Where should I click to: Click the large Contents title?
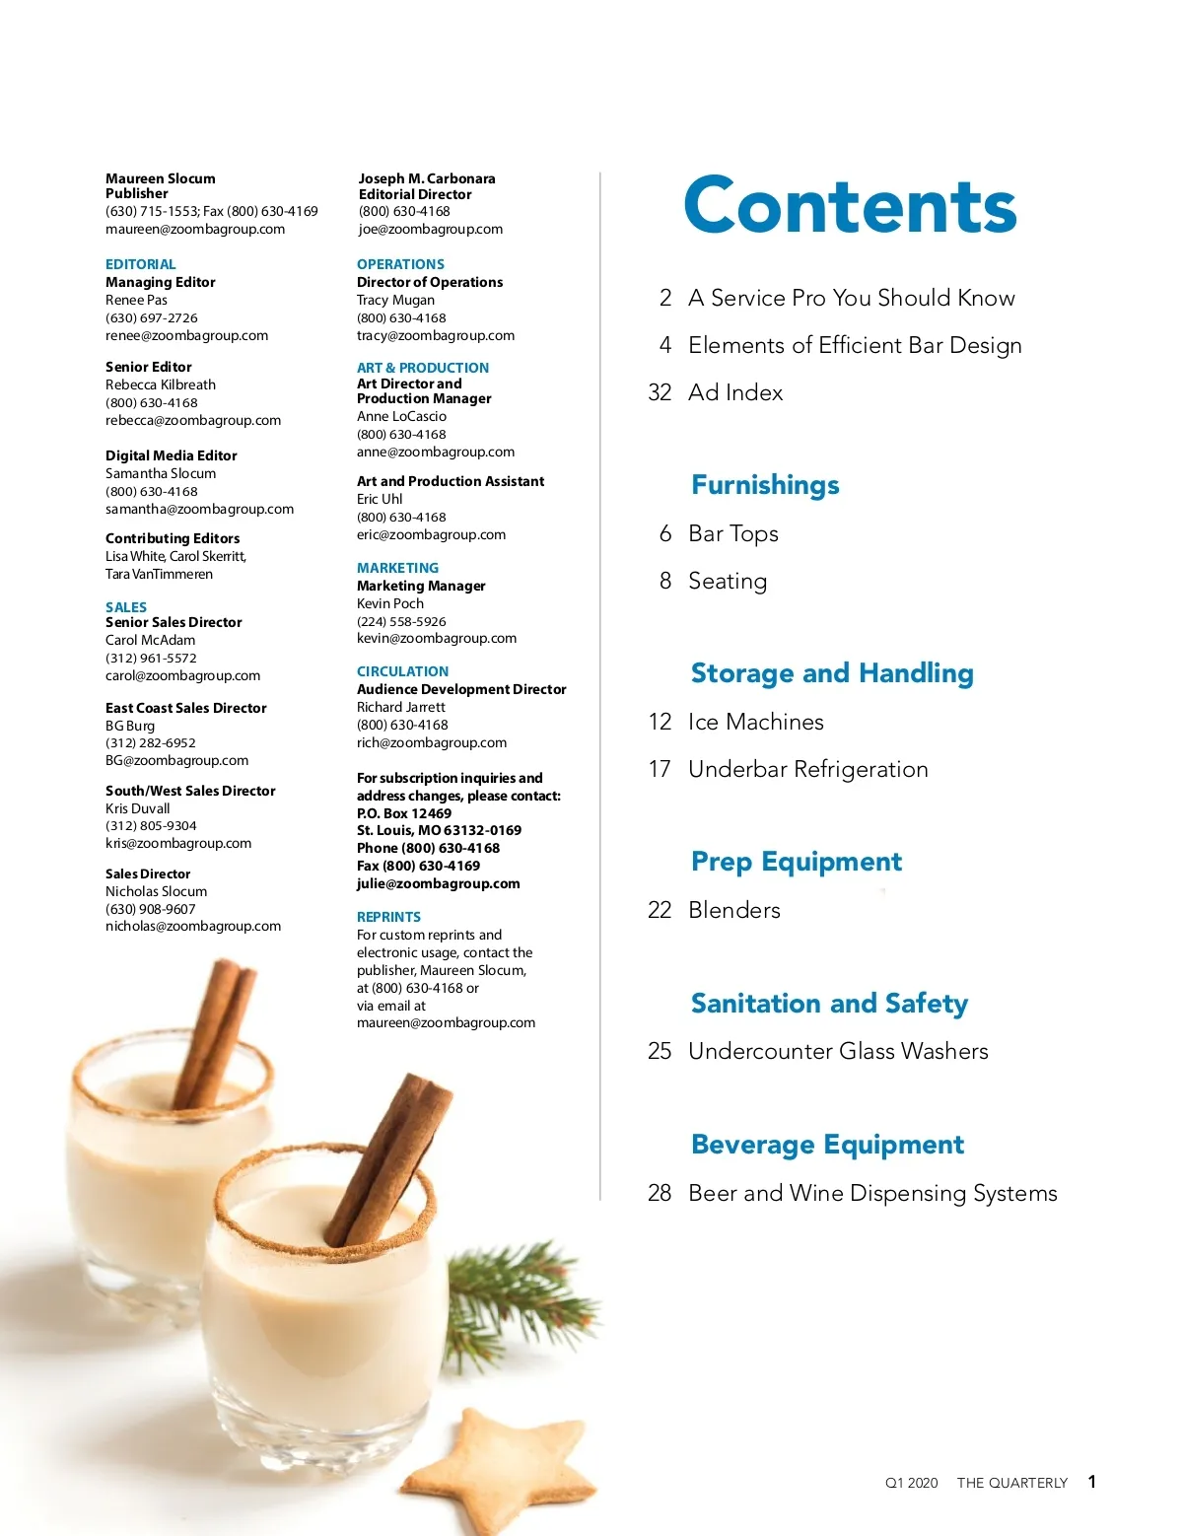click(x=850, y=205)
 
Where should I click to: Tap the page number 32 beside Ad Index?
click(x=660, y=392)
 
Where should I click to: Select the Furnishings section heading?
click(x=765, y=485)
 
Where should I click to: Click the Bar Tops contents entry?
click(x=732, y=533)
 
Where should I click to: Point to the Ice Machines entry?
click(x=755, y=722)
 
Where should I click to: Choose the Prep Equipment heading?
click(x=796, y=862)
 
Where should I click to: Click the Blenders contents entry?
click(x=733, y=910)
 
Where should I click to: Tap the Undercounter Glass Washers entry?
click(x=837, y=1051)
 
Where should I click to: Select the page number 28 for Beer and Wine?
click(x=660, y=1193)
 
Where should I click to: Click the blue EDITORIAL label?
click(x=140, y=264)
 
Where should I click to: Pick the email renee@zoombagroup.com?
click(x=186, y=335)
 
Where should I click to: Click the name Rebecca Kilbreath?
click(x=160, y=384)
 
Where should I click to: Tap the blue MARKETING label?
click(x=397, y=568)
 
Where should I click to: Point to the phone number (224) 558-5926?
click(x=401, y=621)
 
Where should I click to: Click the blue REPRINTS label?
click(x=388, y=917)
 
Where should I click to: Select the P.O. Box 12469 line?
click(x=403, y=813)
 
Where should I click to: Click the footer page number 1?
click(x=1091, y=1482)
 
